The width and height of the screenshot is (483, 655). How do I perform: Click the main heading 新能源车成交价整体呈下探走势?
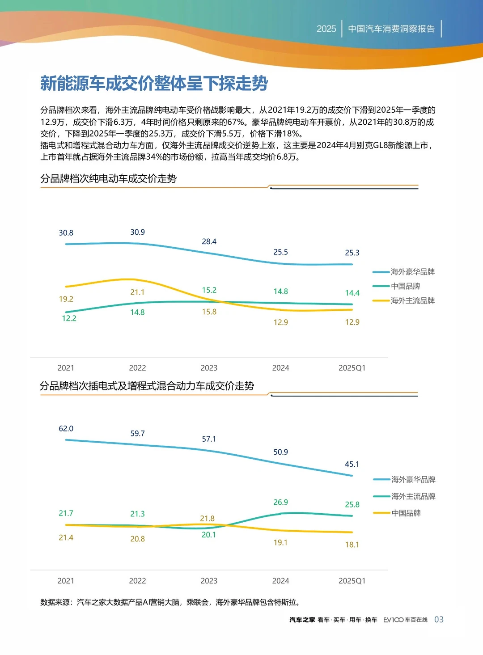(x=154, y=84)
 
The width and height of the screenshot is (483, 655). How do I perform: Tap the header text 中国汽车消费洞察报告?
(x=391, y=29)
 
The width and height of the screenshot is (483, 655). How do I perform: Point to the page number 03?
(x=439, y=619)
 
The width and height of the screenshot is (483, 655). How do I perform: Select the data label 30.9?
(x=137, y=232)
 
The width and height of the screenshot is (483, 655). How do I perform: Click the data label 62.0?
(x=66, y=428)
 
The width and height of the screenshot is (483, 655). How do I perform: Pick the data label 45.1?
(x=352, y=464)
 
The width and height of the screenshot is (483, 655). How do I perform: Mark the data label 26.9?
(x=280, y=502)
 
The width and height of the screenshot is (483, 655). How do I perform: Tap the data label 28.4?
(x=209, y=241)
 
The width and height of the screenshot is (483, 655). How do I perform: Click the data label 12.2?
(x=69, y=318)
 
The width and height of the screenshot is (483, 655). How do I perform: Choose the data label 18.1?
(x=352, y=545)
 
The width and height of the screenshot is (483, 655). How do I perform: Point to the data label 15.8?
(x=209, y=312)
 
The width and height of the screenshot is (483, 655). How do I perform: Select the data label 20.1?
(x=208, y=535)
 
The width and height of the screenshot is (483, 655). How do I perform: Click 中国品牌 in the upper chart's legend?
(x=405, y=286)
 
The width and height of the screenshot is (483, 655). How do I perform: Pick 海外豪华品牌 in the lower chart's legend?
(x=413, y=479)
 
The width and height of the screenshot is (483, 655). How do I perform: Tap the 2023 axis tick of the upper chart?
(x=209, y=368)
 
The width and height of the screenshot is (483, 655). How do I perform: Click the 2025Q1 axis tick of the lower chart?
(x=352, y=581)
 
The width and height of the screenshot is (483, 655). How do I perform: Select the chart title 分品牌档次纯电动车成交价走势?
(x=108, y=179)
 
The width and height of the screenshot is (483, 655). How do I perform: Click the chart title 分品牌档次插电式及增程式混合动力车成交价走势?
(x=147, y=386)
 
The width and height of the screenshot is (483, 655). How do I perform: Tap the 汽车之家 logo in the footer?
(x=302, y=620)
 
